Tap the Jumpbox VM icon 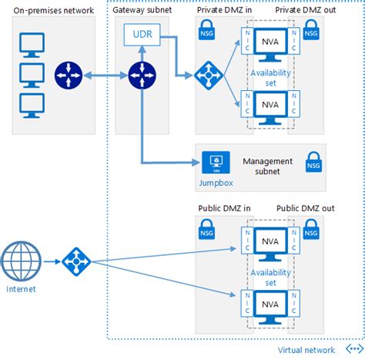tap(216, 162)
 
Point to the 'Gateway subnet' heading tap(143, 10)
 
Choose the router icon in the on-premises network tap(66, 76)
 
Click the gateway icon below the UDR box tap(142, 76)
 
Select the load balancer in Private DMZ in tap(209, 76)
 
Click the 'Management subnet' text tap(267, 166)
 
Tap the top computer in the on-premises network tap(31, 43)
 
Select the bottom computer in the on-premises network tap(31, 104)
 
